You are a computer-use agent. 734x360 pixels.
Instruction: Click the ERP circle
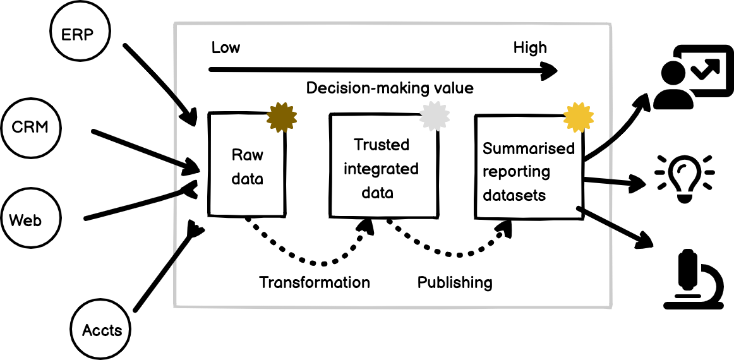click(79, 32)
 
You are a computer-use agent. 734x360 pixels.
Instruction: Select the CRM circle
click(30, 128)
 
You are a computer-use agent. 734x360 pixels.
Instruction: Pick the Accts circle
click(102, 330)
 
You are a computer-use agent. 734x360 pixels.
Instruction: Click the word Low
click(226, 48)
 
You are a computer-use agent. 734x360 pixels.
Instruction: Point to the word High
click(530, 48)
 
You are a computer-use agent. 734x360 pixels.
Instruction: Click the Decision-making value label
click(389, 88)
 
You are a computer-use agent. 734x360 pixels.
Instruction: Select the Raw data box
click(247, 166)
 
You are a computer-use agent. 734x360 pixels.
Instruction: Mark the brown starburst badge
click(282, 116)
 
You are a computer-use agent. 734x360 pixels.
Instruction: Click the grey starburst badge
click(435, 116)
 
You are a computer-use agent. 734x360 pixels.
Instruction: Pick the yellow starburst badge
click(578, 116)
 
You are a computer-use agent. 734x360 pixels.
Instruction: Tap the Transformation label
click(315, 282)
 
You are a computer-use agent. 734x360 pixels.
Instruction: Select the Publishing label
click(455, 282)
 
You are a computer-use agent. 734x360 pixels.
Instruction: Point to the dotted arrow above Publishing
click(455, 254)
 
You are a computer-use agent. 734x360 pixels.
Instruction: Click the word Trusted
click(382, 145)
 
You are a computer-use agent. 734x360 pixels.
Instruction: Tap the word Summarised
click(529, 149)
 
